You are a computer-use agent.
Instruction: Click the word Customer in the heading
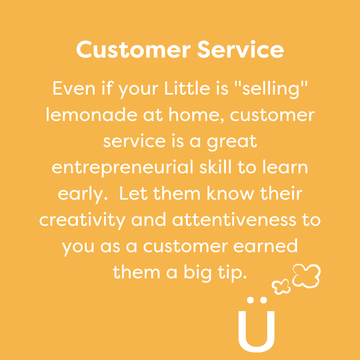pyautogui.click(x=133, y=49)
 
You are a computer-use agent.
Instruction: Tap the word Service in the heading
pyautogui.click(x=241, y=49)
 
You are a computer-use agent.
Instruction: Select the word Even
pyautogui.click(x=74, y=88)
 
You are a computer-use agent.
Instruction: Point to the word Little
pyautogui.click(x=187, y=88)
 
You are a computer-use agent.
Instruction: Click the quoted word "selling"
pyautogui.click(x=271, y=90)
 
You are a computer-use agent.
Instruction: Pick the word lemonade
pyautogui.click(x=92, y=114)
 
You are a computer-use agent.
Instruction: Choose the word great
pyautogui.click(x=232, y=142)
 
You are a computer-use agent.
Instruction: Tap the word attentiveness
pyautogui.click(x=234, y=220)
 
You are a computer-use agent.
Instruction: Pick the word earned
pyautogui.click(x=265, y=246)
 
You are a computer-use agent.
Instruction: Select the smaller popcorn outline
pyautogui.click(x=280, y=287)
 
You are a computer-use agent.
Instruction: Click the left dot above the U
pyautogui.click(x=250, y=300)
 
